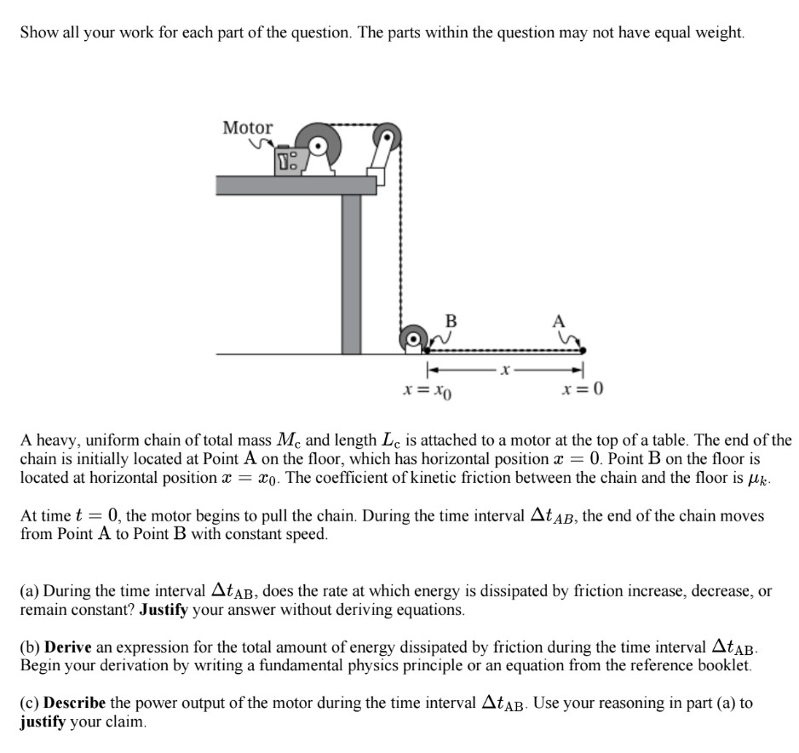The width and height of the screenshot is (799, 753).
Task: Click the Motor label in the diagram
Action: [248, 128]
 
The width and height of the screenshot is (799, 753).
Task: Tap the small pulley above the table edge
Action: [387, 135]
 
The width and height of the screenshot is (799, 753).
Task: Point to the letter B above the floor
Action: [451, 320]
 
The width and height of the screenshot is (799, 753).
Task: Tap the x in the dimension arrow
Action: [506, 371]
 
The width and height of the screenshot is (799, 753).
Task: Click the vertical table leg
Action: [351, 273]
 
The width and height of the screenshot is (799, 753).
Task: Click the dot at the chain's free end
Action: [583, 349]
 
